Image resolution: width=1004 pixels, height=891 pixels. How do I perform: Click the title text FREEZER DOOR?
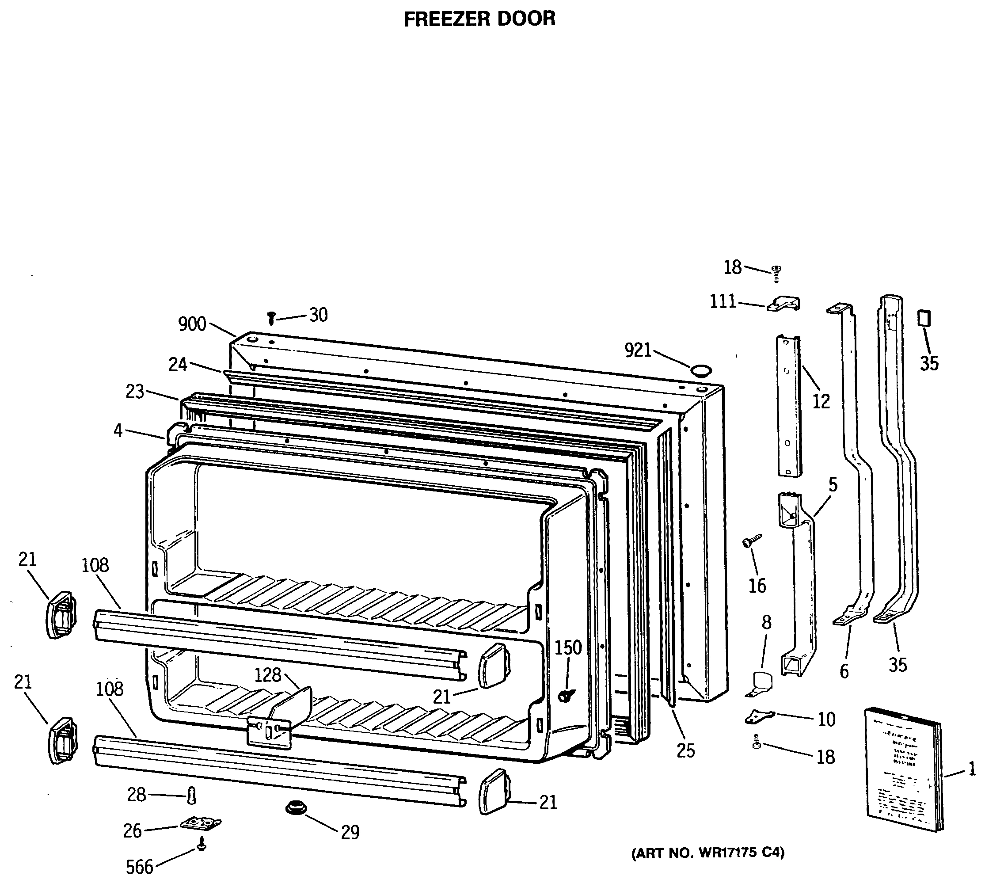tap(479, 19)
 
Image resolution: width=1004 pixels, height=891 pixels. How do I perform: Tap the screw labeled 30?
tap(271, 318)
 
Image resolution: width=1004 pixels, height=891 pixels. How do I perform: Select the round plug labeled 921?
tap(701, 370)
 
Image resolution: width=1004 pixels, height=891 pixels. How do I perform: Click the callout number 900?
tap(192, 324)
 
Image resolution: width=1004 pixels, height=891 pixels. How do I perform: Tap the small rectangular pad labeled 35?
tap(924, 317)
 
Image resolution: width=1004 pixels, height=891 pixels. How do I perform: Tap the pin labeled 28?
tap(192, 795)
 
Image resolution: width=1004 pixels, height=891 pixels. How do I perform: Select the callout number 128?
tap(268, 675)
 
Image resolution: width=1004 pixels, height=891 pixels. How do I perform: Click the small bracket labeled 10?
tap(759, 716)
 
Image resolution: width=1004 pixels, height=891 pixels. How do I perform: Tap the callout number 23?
tap(135, 392)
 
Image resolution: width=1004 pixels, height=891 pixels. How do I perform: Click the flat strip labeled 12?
tap(789, 405)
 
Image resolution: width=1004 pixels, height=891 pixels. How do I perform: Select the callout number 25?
tap(686, 750)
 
